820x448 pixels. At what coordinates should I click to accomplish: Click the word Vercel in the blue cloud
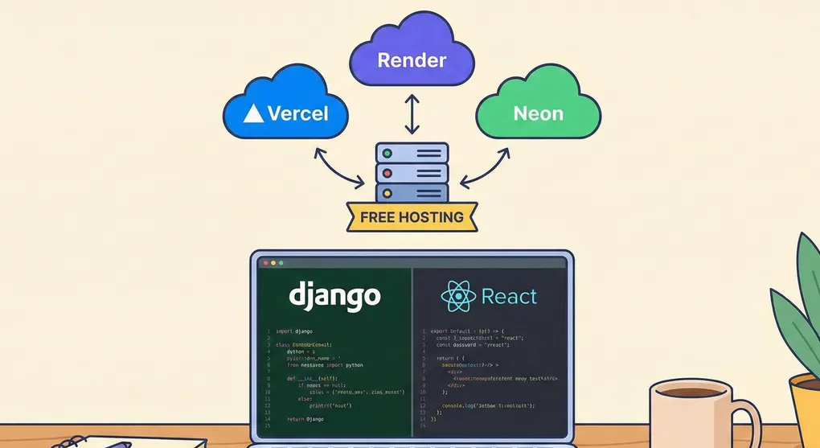click(297, 113)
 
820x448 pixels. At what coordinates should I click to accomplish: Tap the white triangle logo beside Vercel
click(253, 113)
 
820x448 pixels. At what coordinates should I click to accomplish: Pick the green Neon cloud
click(538, 113)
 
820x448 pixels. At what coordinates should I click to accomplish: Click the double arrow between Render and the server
click(412, 114)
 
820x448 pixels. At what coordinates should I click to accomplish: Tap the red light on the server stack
click(387, 173)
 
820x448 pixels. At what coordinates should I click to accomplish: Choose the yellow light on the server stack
click(387, 193)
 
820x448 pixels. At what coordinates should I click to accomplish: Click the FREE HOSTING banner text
click(412, 217)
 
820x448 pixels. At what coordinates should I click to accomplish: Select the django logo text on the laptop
click(334, 297)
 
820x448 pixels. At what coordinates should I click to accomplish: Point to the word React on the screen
click(509, 298)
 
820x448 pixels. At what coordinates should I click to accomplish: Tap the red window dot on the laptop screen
click(263, 263)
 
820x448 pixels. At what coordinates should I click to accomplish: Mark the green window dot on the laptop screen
click(281, 263)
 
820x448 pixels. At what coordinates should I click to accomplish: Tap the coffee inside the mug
click(691, 392)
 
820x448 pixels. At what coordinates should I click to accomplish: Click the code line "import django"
click(295, 331)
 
